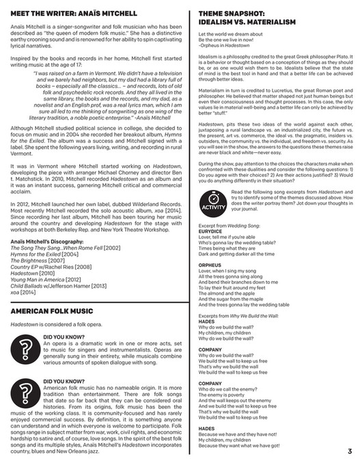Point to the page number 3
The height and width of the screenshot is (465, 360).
pos(348,451)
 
